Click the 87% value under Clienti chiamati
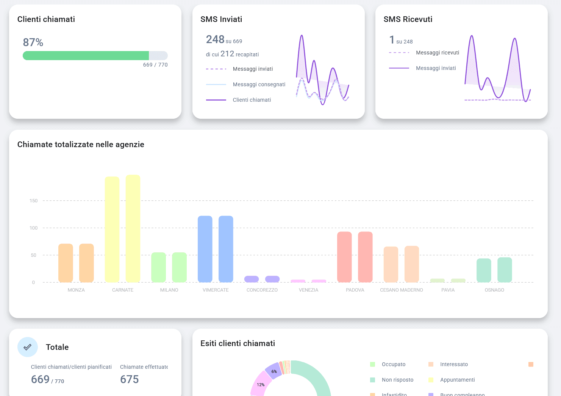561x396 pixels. click(x=33, y=42)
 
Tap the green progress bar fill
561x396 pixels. click(x=86, y=56)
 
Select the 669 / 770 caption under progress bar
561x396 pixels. click(x=155, y=65)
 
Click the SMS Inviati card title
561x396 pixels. click(x=221, y=19)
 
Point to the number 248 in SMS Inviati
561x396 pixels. click(x=215, y=39)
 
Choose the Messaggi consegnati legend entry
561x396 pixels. click(x=259, y=84)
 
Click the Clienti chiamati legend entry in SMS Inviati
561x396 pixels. click(x=252, y=100)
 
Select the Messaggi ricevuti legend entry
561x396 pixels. click(x=437, y=53)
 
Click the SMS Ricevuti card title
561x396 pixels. click(x=408, y=19)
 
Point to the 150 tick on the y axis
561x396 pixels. click(x=34, y=201)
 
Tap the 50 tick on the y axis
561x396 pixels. click(x=34, y=255)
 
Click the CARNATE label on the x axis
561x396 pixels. click(x=123, y=290)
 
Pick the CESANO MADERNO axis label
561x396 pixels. click(x=402, y=290)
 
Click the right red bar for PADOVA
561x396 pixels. click(x=365, y=257)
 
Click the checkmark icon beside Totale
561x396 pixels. click(x=28, y=347)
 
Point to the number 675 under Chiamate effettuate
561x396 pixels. click(x=130, y=379)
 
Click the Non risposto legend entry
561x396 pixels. click(x=397, y=380)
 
